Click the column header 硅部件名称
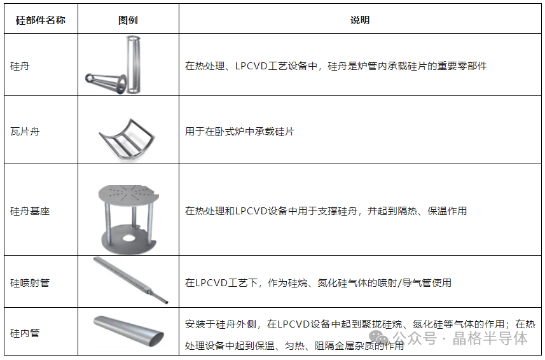41,20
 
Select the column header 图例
128,20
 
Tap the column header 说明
360,20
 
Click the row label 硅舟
20,66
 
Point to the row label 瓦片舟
25,132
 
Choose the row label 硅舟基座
30,211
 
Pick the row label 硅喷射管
30,283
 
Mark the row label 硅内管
25,333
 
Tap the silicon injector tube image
131,280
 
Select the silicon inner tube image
128,331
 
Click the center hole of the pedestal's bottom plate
128,239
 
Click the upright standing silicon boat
134,64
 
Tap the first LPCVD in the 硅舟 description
252,66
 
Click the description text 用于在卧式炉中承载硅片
240,132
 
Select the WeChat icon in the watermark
378,337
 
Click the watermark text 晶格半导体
490,338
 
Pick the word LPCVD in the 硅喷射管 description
210,283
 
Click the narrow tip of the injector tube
167,302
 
